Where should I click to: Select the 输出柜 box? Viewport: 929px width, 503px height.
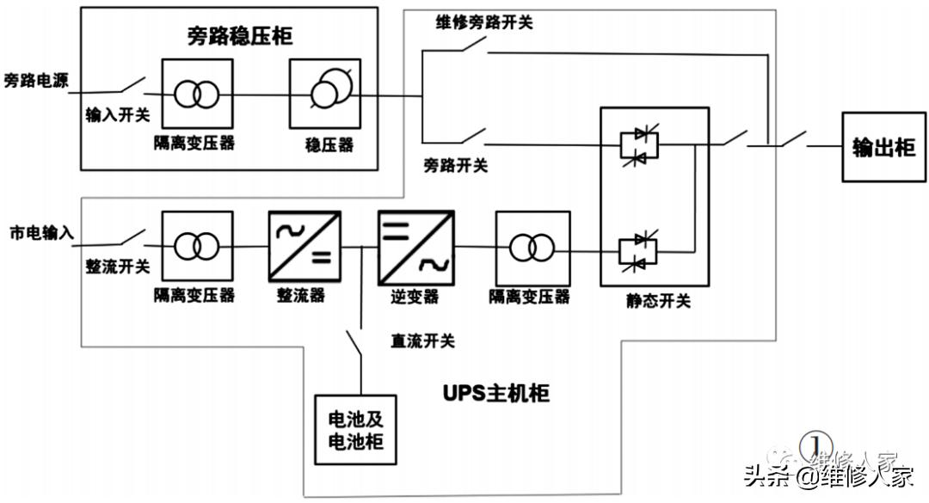click(x=883, y=147)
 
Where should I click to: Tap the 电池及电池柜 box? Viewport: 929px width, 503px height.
click(x=355, y=431)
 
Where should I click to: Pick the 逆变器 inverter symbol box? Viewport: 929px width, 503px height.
click(x=415, y=247)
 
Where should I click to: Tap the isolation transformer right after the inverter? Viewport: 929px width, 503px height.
click(x=531, y=247)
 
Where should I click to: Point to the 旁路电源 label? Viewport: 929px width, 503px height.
click(x=35, y=81)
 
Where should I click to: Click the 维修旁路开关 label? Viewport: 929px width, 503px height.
click(x=483, y=22)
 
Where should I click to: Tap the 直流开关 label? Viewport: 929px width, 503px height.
click(x=422, y=341)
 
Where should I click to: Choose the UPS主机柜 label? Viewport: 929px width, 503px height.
click(x=495, y=394)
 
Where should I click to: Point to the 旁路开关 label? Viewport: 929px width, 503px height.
click(x=456, y=164)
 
